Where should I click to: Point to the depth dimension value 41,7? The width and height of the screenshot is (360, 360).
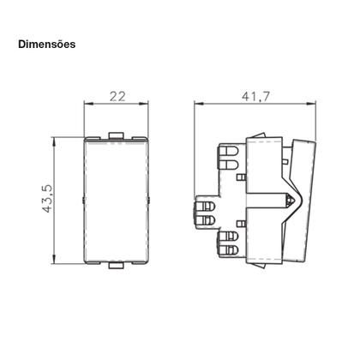pos(249,97)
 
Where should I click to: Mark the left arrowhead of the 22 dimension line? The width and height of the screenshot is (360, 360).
pos(86,107)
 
